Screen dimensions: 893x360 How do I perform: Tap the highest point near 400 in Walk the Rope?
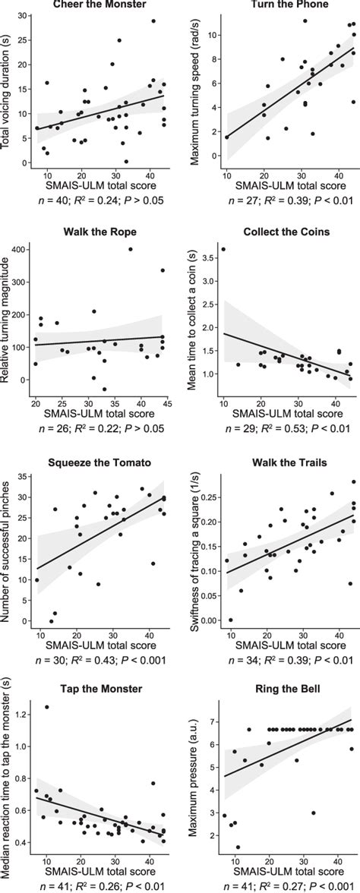coord(131,249)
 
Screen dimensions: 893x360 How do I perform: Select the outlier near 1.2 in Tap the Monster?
coord(47,707)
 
